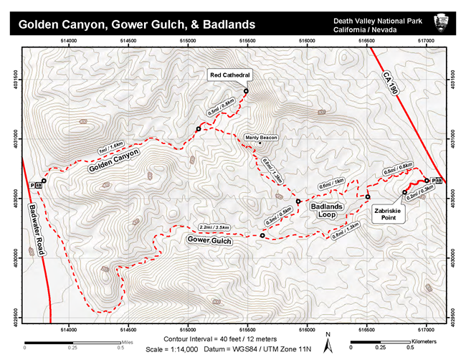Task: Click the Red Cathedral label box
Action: pyautogui.click(x=230, y=74)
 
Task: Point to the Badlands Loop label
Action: pyautogui.click(x=327, y=210)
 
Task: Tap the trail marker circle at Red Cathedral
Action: pyautogui.click(x=246, y=91)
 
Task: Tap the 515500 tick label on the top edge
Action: pyautogui.click(x=247, y=42)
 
